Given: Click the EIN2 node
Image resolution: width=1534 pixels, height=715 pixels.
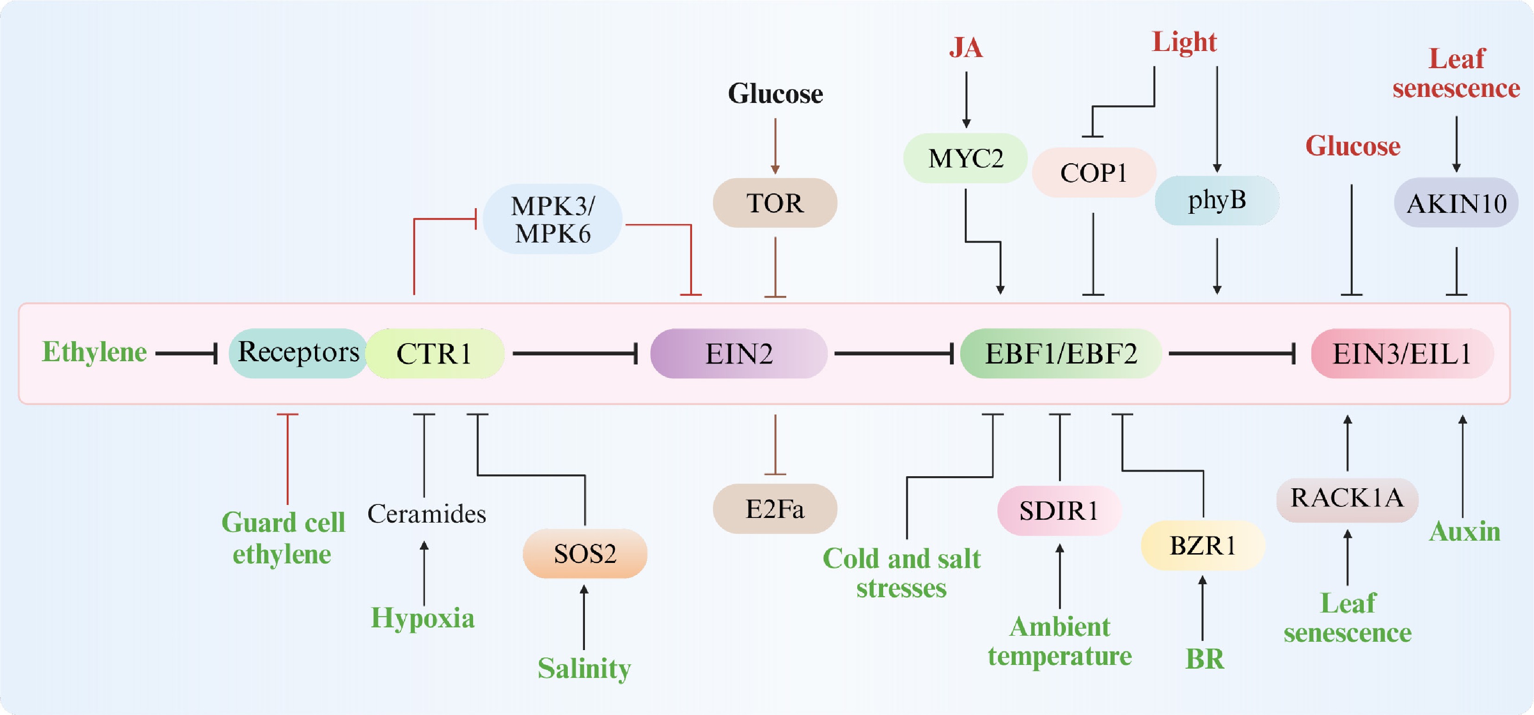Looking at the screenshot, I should coord(738,354).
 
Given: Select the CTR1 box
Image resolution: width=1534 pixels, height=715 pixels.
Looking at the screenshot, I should coord(435,354).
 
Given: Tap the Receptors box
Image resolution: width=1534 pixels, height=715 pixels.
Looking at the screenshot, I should coord(298,352).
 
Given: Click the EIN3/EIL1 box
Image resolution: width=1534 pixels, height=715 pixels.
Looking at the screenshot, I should coord(1402,354).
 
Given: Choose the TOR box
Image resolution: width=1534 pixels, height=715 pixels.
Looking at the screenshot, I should coord(775,203).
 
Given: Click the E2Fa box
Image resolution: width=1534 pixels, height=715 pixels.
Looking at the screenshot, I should coord(775,509).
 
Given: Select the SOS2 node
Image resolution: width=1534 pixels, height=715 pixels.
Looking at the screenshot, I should coord(585,554).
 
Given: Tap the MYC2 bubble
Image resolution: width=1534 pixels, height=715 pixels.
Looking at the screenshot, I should coord(965,159).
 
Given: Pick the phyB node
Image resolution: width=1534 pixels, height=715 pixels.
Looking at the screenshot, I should coord(1217,200).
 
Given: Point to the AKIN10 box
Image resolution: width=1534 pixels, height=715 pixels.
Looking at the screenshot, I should coord(1456,204).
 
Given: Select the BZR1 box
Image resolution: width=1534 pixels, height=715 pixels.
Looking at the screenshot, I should coord(1202,545).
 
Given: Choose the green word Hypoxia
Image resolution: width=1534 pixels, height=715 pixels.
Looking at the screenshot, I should coord(423,618).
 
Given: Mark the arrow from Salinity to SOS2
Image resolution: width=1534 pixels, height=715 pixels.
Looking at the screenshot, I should coord(584,617).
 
